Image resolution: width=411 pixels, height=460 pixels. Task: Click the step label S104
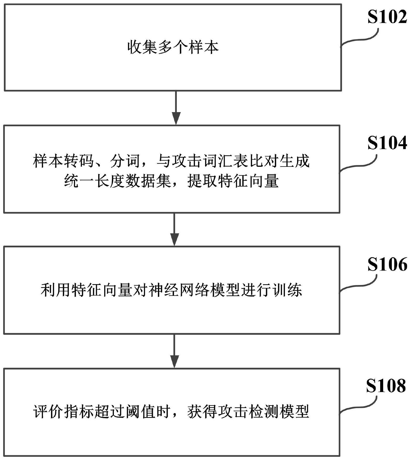[x=387, y=143]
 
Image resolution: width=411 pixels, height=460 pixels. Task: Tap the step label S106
[x=387, y=264]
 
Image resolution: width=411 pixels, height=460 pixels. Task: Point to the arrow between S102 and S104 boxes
[x=176, y=108]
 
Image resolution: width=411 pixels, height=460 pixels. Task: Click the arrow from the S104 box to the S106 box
[x=174, y=229]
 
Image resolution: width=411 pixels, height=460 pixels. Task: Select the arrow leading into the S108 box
[x=174, y=351]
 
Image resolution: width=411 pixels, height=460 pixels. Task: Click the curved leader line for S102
[x=360, y=39]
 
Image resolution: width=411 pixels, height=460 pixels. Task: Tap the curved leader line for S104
[x=359, y=166]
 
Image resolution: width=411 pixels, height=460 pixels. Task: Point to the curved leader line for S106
[x=359, y=287]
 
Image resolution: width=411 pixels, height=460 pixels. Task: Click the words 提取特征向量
[x=233, y=181]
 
